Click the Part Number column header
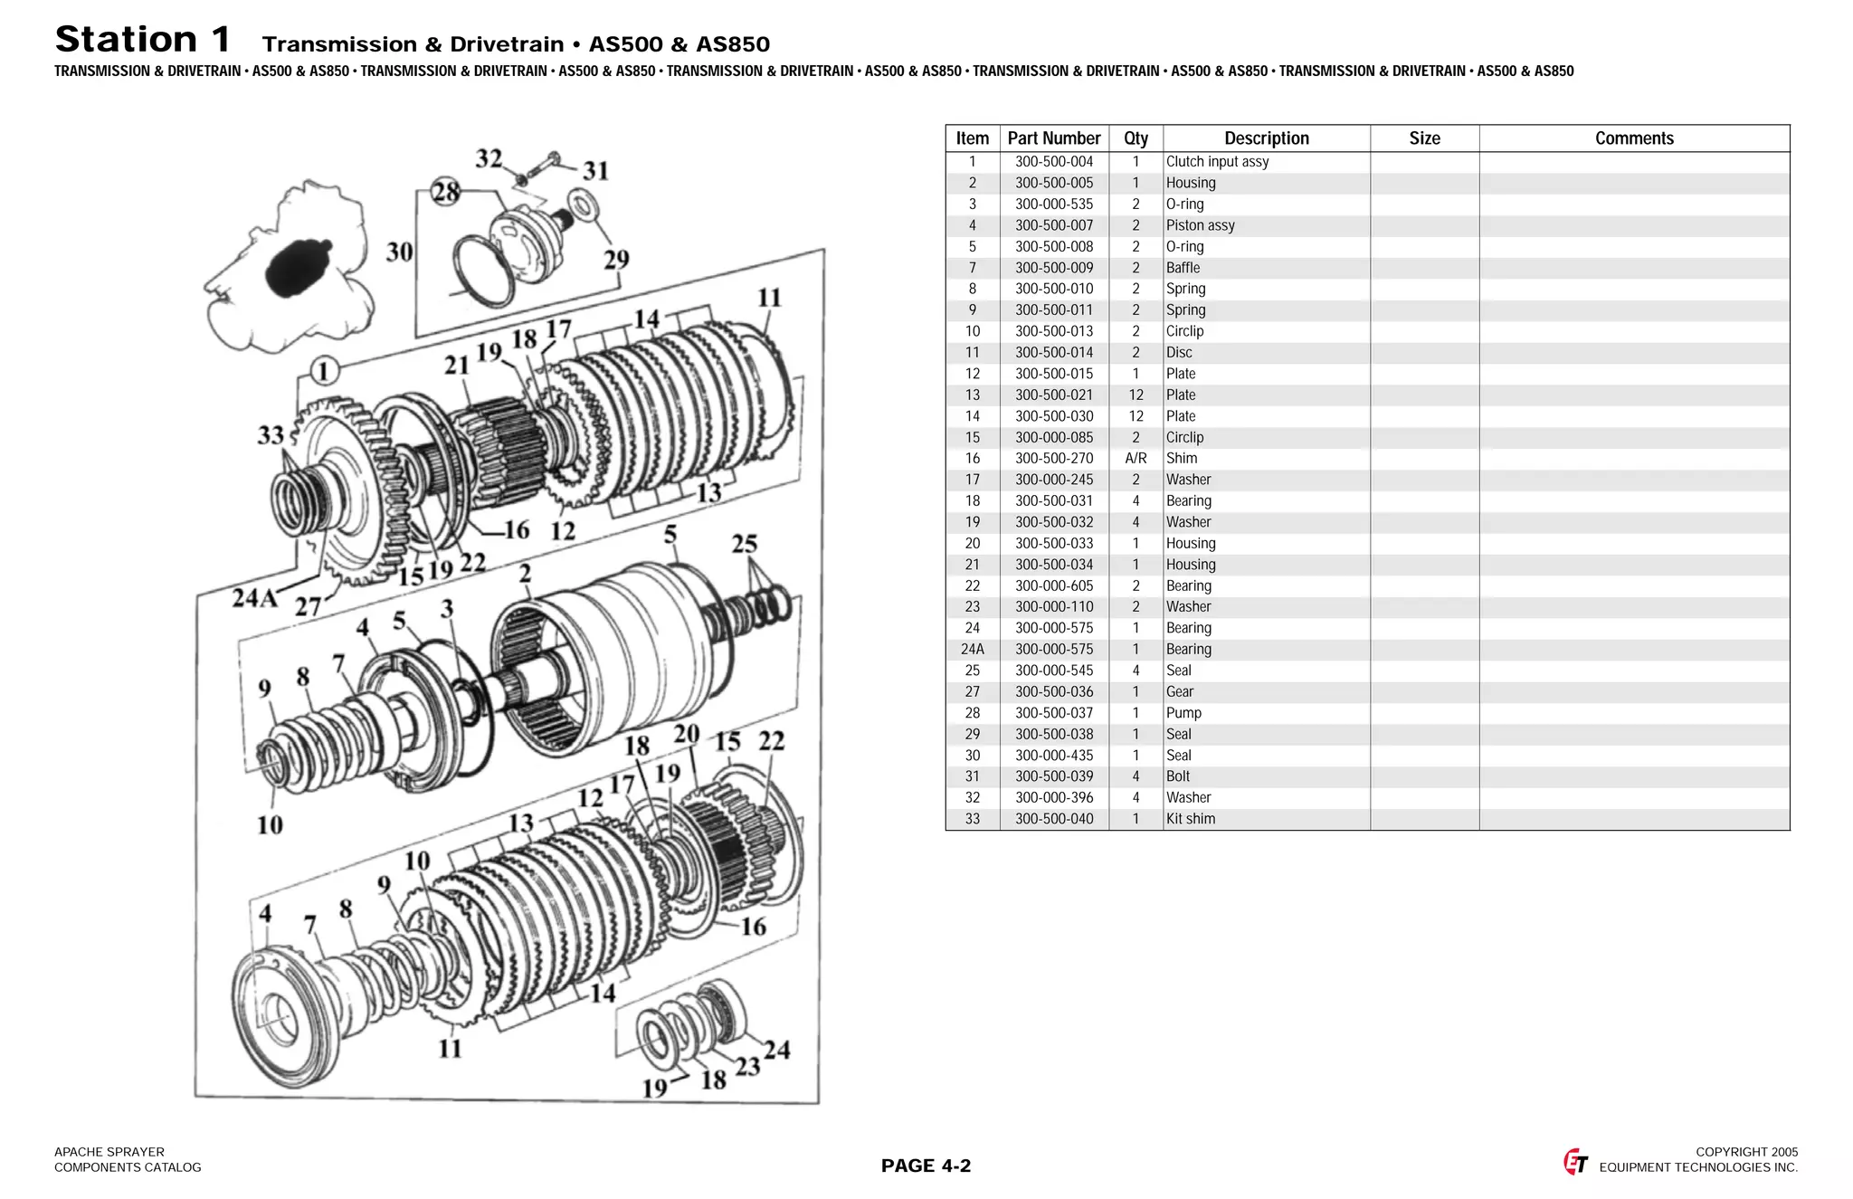tap(1053, 138)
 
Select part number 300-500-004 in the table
tap(1053, 162)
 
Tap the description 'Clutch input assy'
tap(1217, 162)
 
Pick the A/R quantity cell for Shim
tap(1136, 459)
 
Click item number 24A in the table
tap(972, 650)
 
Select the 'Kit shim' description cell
tap(1190, 819)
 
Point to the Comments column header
tap(1633, 138)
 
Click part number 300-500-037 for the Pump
tap(1053, 713)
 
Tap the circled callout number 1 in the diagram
tap(324, 371)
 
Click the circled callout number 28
tap(445, 192)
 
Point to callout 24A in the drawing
tap(254, 598)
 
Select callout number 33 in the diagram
tap(271, 435)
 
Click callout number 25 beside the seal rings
tap(744, 544)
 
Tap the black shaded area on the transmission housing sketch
tap(299, 267)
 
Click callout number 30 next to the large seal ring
tap(399, 252)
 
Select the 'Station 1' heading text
tap(143, 40)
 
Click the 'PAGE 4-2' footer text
tap(926, 1166)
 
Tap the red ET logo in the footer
tap(1575, 1162)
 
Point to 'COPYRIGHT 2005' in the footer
tap(1746, 1152)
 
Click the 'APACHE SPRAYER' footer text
tap(109, 1152)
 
